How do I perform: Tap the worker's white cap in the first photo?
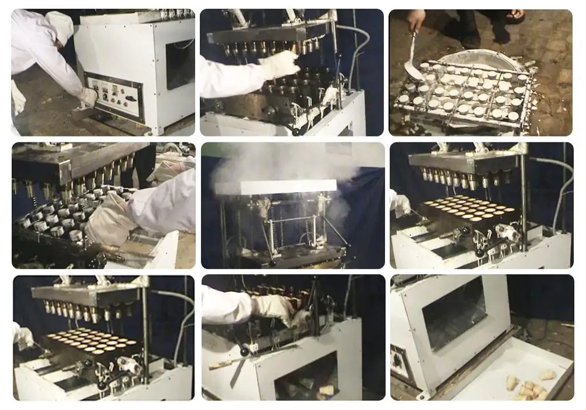coord(60,26)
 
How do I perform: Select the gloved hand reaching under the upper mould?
coord(280,64)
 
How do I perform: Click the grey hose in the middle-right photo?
coord(560,187)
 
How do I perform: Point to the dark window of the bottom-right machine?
coord(454,313)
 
